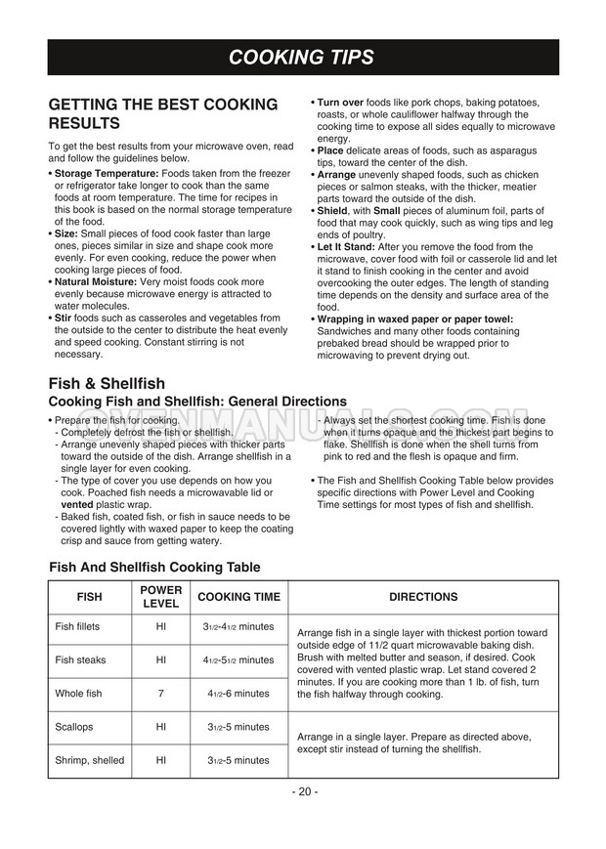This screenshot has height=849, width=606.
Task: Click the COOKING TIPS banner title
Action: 302,58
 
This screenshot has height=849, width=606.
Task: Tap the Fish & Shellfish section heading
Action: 107,383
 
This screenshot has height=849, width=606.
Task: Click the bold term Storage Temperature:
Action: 107,173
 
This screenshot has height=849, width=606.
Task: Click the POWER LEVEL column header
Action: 161,597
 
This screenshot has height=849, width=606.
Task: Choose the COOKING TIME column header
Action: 238,597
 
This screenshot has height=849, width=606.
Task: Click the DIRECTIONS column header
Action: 423,597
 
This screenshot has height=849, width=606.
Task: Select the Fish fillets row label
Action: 77,626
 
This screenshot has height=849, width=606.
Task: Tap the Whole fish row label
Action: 77,694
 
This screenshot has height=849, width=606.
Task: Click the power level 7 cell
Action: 161,694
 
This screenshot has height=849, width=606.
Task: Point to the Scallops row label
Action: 74,728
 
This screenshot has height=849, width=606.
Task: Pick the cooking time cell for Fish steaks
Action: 238,660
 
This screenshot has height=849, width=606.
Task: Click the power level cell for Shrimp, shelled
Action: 161,760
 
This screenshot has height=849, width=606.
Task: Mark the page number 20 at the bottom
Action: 303,791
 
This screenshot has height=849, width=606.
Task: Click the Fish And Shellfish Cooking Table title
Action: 154,567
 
